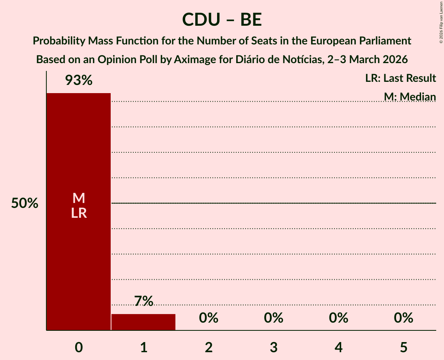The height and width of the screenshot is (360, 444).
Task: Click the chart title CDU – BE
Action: (222, 19)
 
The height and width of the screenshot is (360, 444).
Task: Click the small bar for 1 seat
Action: (143, 322)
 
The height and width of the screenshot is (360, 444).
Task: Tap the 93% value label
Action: (79, 81)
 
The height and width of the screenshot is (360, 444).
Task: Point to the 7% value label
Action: (143, 301)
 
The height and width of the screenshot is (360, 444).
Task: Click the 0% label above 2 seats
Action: (209, 318)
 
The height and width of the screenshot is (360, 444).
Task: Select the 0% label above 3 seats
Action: (274, 318)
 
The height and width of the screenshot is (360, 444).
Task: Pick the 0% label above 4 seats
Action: (338, 318)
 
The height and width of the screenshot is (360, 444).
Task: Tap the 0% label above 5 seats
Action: (403, 318)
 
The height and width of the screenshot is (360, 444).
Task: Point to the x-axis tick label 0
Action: (79, 347)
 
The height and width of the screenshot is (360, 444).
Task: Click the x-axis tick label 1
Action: (143, 347)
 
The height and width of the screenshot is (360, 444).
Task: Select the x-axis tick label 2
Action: (209, 347)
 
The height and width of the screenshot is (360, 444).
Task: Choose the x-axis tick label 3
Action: (274, 347)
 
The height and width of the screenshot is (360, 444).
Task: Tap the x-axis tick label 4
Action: (338, 347)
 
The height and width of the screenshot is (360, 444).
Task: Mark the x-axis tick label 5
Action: (403, 347)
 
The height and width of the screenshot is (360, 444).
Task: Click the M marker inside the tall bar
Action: (79, 198)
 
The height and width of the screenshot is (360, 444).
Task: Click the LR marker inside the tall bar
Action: (79, 213)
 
